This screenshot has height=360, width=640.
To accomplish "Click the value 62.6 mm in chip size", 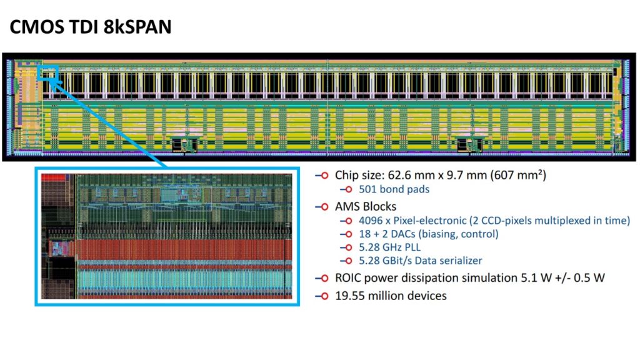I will tap(406, 176).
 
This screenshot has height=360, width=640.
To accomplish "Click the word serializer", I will tap(459, 260).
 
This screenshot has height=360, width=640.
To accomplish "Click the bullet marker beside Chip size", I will tap(324, 176).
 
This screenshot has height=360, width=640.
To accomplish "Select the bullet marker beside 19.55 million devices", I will tap(324, 296).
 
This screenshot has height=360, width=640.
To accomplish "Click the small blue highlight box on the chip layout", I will tap(48, 74).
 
